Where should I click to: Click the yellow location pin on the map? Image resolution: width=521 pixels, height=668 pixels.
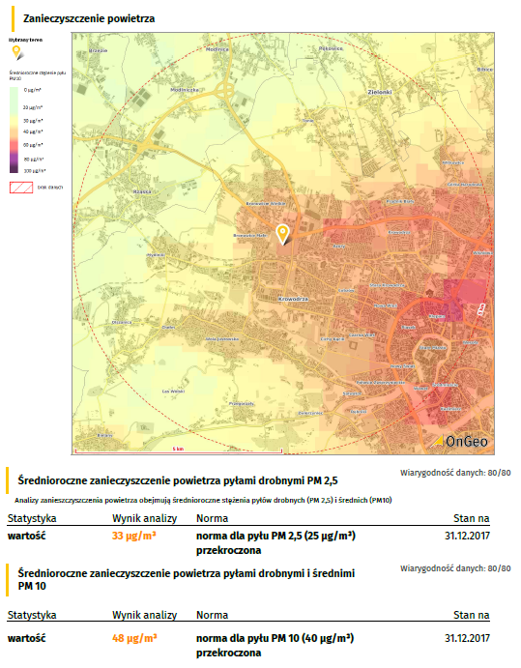(x=282, y=234)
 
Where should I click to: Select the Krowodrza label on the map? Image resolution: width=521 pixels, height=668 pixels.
(x=291, y=300)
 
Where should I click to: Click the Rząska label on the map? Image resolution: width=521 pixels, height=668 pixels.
(x=143, y=191)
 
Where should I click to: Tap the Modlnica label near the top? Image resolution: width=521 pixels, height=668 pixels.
(x=217, y=48)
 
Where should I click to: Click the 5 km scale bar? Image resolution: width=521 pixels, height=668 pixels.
(x=178, y=450)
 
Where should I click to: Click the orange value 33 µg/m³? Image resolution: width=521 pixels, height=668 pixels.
(x=133, y=535)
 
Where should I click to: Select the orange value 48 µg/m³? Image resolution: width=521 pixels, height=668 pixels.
(x=133, y=638)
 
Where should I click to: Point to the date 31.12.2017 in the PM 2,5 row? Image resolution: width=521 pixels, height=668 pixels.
(x=468, y=535)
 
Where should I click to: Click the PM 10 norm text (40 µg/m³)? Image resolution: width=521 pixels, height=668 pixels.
(x=275, y=638)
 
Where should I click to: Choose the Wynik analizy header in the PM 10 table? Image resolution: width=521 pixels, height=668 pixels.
(x=144, y=615)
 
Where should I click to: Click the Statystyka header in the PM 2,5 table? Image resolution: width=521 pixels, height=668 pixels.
(x=32, y=518)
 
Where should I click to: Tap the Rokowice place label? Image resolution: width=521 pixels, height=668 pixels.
(x=332, y=48)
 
